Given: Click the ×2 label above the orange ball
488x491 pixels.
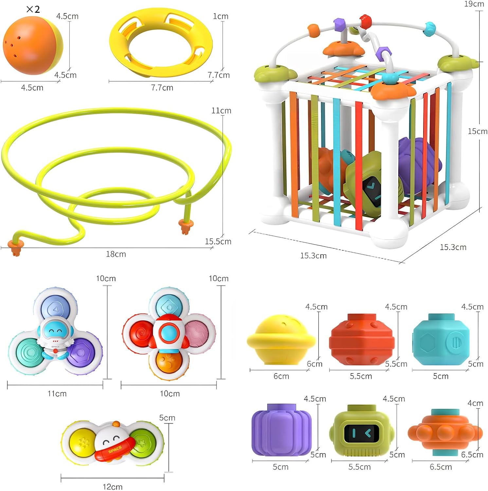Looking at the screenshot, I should click(33, 9).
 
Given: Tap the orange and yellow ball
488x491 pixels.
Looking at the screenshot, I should click(32, 45).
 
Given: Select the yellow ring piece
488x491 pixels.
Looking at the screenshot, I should click(161, 43).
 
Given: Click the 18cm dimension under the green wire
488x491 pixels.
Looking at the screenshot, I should click(116, 254).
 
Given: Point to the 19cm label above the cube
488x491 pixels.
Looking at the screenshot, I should click(474, 4).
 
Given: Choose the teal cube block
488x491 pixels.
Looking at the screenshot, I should click(441, 339).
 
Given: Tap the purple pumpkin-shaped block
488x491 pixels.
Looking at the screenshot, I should click(281, 430).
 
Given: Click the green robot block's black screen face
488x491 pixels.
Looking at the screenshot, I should click(363, 433).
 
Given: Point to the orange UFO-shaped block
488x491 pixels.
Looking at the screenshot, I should click(444, 433).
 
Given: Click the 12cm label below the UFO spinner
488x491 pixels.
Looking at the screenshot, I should click(113, 487).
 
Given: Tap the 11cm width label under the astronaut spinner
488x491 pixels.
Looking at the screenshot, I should click(57, 393).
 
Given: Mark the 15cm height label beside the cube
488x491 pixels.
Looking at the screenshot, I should click(477, 131).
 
